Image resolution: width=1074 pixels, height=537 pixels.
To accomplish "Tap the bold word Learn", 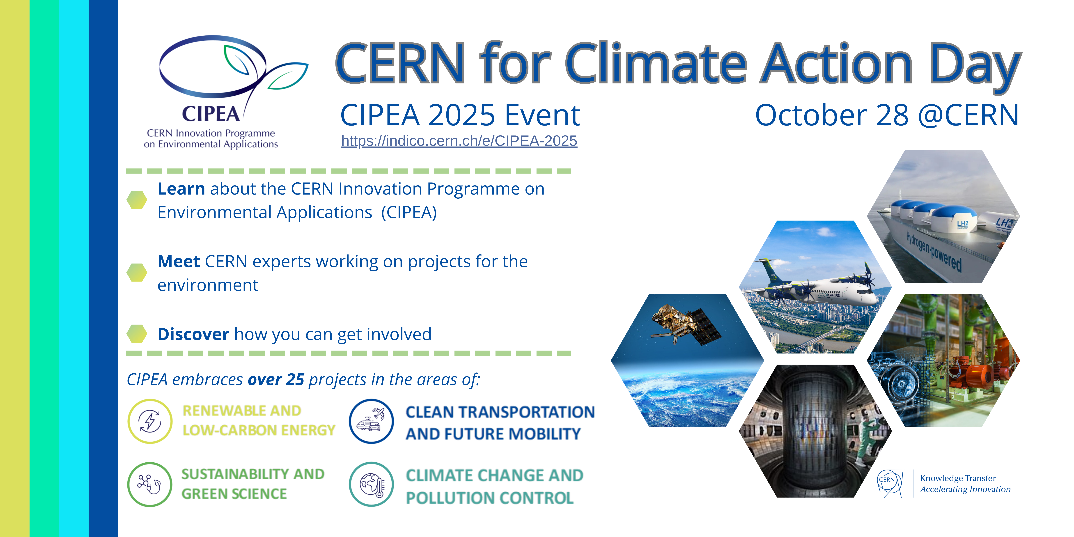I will coord(181,189).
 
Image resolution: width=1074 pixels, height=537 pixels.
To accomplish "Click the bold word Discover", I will coord(193,334).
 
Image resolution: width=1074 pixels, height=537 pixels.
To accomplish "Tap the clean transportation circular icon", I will coord(371,421).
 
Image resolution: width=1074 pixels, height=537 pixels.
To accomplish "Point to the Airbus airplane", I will coord(817,288).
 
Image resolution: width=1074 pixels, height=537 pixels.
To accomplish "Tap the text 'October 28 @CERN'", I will coord(887,115).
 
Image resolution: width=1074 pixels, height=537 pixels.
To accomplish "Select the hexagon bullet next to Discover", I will coord(137,334).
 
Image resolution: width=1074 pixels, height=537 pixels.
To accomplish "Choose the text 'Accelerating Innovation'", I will coord(965,489).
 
